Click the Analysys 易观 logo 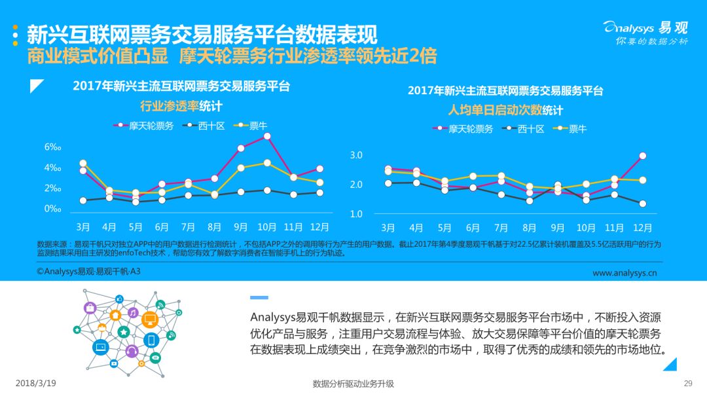coord(645,33)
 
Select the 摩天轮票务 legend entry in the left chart coord(143,126)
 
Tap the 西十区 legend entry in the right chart coord(524,129)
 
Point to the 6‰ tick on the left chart coord(52,147)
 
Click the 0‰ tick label coord(52,209)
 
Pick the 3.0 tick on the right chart coord(356,155)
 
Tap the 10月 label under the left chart coord(267,227)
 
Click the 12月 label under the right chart coord(643,228)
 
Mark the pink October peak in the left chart coord(267,136)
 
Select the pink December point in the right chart coord(643,156)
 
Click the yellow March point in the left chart coord(83,163)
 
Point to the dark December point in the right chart coord(643,204)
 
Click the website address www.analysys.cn coord(625,273)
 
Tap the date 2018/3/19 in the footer coord(35,383)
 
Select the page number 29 coord(688,384)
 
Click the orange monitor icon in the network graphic coord(150,319)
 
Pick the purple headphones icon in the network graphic coord(132,351)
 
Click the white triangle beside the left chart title coord(37,86)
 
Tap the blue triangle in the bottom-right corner coord(670,364)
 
